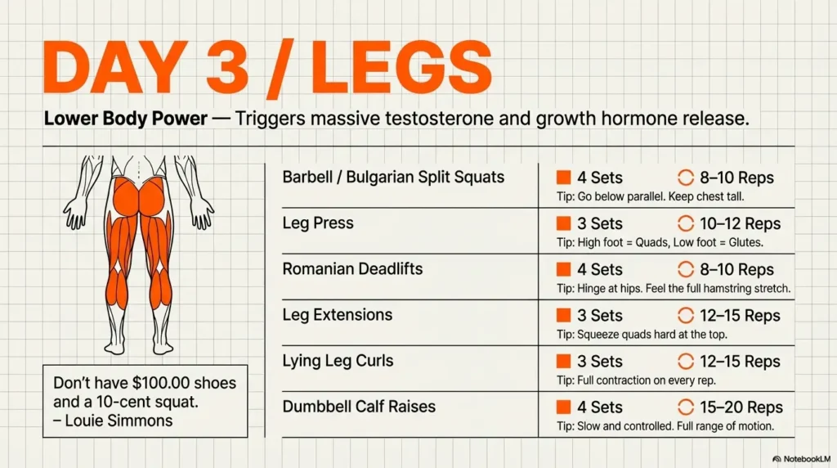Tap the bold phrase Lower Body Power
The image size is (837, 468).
(x=125, y=119)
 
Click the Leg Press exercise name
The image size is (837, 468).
(x=319, y=223)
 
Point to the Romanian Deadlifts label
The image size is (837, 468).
(x=352, y=268)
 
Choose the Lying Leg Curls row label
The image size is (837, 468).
(x=338, y=360)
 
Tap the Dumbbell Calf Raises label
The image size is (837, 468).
(x=359, y=406)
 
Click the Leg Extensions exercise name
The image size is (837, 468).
(x=338, y=314)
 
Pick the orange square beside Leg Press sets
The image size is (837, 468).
(x=562, y=223)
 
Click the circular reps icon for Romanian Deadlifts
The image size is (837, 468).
(x=685, y=269)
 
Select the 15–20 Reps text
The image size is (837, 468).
(x=741, y=407)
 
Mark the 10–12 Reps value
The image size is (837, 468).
(x=740, y=223)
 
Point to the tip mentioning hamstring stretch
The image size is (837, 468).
(x=672, y=288)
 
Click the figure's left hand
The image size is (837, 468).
(x=76, y=214)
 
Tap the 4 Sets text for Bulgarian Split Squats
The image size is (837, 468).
(x=600, y=178)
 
